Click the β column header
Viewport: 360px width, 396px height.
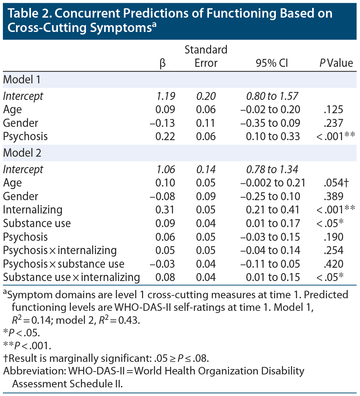163,63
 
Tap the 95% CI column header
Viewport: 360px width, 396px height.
272,63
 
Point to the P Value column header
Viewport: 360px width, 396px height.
336,63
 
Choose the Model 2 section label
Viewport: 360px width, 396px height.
22,153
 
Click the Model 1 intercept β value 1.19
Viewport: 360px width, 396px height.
165,96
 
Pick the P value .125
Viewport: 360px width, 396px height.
333,110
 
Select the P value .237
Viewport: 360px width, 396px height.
333,123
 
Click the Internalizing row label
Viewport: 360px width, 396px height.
33,210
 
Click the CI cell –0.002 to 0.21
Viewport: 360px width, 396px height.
273,183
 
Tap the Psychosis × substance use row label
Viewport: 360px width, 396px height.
64,264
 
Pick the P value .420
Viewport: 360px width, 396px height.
333,264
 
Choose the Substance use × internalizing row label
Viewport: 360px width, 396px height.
71,277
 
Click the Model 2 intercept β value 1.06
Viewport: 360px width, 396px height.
165,169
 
